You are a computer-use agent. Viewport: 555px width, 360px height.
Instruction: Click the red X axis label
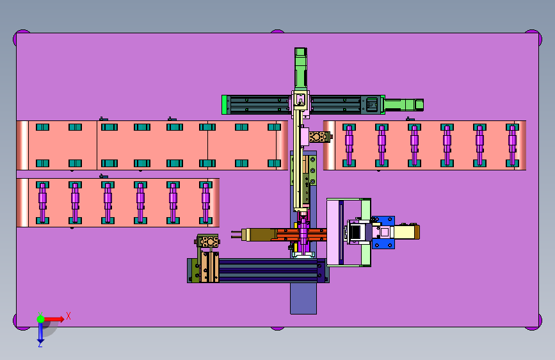tap(68, 316)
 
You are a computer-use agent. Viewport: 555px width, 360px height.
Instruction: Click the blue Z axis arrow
tap(40, 333)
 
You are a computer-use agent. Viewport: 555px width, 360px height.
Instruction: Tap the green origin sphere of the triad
tap(41, 319)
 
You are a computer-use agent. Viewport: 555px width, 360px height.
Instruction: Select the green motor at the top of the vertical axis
tap(300, 69)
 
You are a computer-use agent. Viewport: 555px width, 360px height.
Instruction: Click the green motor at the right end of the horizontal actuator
tap(403, 105)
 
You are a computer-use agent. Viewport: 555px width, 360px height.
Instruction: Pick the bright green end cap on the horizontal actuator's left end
tap(224, 104)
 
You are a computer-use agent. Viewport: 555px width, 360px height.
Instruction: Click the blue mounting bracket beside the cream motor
tap(383, 233)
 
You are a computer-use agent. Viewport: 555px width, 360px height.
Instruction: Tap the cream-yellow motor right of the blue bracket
tap(406, 233)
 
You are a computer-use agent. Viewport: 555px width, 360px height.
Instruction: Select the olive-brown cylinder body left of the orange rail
tap(261, 234)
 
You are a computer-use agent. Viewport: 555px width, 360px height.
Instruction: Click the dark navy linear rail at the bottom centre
tap(268, 271)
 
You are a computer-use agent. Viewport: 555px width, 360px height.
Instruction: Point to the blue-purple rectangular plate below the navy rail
tap(303, 298)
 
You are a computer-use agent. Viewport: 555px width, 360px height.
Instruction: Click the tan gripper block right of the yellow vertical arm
tap(319, 137)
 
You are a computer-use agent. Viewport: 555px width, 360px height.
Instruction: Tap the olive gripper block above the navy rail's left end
tap(207, 242)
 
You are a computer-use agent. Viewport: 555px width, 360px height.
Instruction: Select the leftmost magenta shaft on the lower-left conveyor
tap(42, 202)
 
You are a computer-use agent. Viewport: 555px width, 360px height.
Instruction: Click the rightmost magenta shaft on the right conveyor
tap(512, 145)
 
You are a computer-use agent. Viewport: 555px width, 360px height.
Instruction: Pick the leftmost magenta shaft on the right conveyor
tap(349, 145)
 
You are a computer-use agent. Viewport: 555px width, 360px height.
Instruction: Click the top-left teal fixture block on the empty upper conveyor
tap(42, 127)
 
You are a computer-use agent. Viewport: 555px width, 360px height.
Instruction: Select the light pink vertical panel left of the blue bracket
tap(333, 232)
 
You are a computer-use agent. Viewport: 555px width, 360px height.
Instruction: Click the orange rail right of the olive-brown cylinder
tap(301, 234)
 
